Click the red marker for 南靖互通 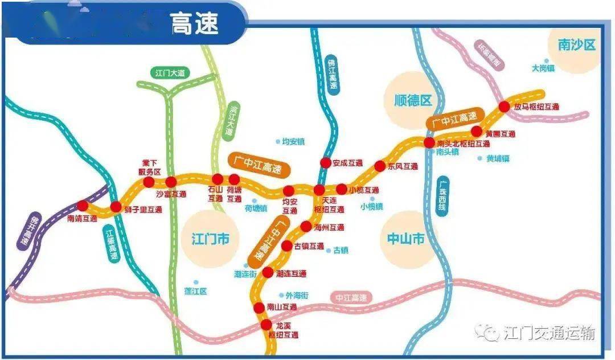click(x=83, y=206)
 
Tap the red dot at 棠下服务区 click(x=149, y=182)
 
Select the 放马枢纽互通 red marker click(x=504, y=107)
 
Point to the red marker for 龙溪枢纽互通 click(x=266, y=325)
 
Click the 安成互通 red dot click(x=325, y=163)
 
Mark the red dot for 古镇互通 click(x=287, y=246)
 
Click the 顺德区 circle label click(x=413, y=101)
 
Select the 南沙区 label click(x=576, y=45)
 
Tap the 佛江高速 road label click(x=332, y=75)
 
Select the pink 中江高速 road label click(x=351, y=297)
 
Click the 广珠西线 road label click(x=442, y=197)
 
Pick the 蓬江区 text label click(x=196, y=291)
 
